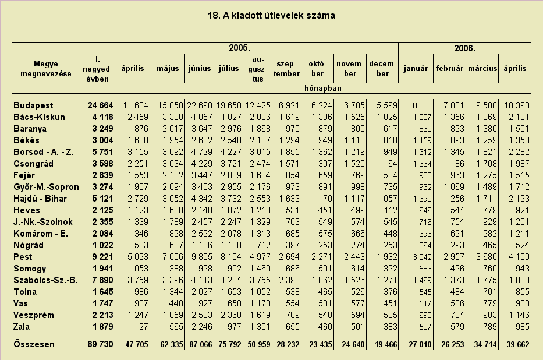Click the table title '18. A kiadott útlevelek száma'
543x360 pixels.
click(271, 16)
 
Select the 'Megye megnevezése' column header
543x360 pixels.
click(46, 69)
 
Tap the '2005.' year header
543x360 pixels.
click(239, 48)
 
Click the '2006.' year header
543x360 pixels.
click(464, 48)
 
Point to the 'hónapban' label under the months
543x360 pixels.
click(323, 89)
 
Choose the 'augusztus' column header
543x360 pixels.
click(258, 69)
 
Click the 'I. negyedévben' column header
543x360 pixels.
click(97, 69)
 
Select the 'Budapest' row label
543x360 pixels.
click(33, 105)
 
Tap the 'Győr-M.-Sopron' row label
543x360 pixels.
click(46, 187)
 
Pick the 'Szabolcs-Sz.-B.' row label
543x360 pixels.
click(45, 280)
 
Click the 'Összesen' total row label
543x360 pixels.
click(34, 344)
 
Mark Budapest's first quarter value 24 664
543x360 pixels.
click(100, 105)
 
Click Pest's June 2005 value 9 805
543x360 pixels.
click(200, 257)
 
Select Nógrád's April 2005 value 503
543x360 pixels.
click(141, 245)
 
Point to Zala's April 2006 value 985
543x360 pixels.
click(522, 327)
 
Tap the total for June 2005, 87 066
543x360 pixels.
click(201, 344)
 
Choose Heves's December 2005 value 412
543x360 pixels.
click(390, 210)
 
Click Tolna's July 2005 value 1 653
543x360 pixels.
click(229, 292)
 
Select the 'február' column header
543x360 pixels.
click(449, 69)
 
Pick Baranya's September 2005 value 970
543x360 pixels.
click(292, 129)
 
